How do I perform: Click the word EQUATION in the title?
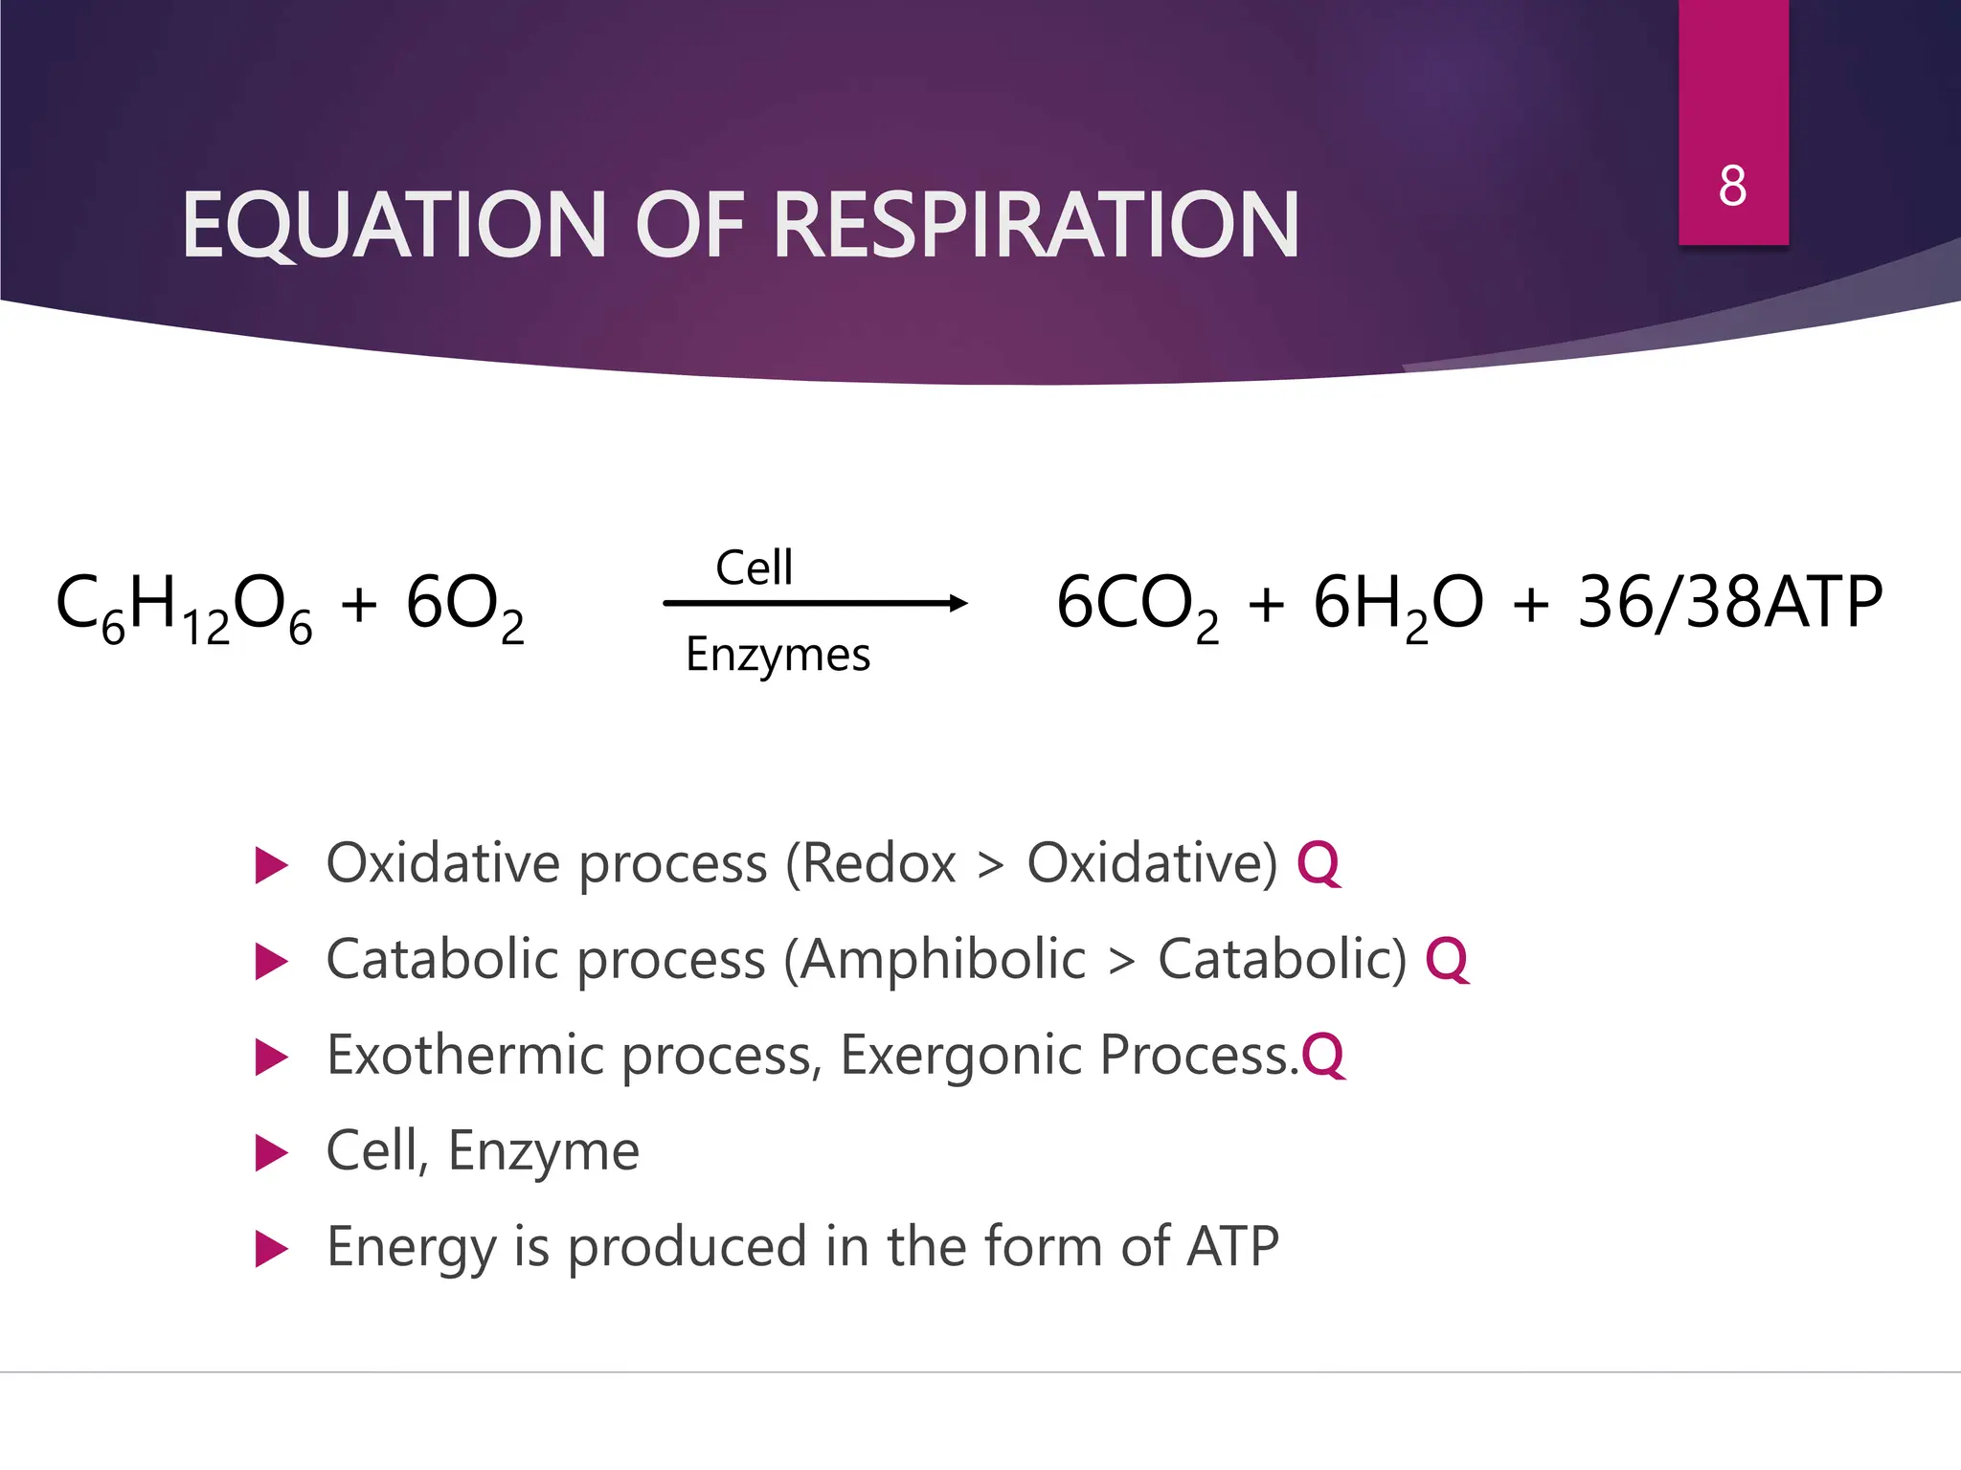(394, 226)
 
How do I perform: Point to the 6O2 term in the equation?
(464, 606)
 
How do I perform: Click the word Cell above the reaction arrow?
(754, 568)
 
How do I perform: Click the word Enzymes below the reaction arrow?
(778, 656)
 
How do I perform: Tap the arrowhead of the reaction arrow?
(958, 603)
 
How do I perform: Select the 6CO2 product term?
(1138, 606)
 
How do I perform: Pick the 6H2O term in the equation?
(1397, 606)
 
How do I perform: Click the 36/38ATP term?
(1729, 603)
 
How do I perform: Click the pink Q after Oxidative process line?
(1318, 863)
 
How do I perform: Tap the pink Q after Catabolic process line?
(1446, 959)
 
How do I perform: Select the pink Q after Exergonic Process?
(1323, 1056)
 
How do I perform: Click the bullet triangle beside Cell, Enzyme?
(271, 1153)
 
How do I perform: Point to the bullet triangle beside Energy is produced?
(271, 1249)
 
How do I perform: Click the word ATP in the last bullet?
(1231, 1247)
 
